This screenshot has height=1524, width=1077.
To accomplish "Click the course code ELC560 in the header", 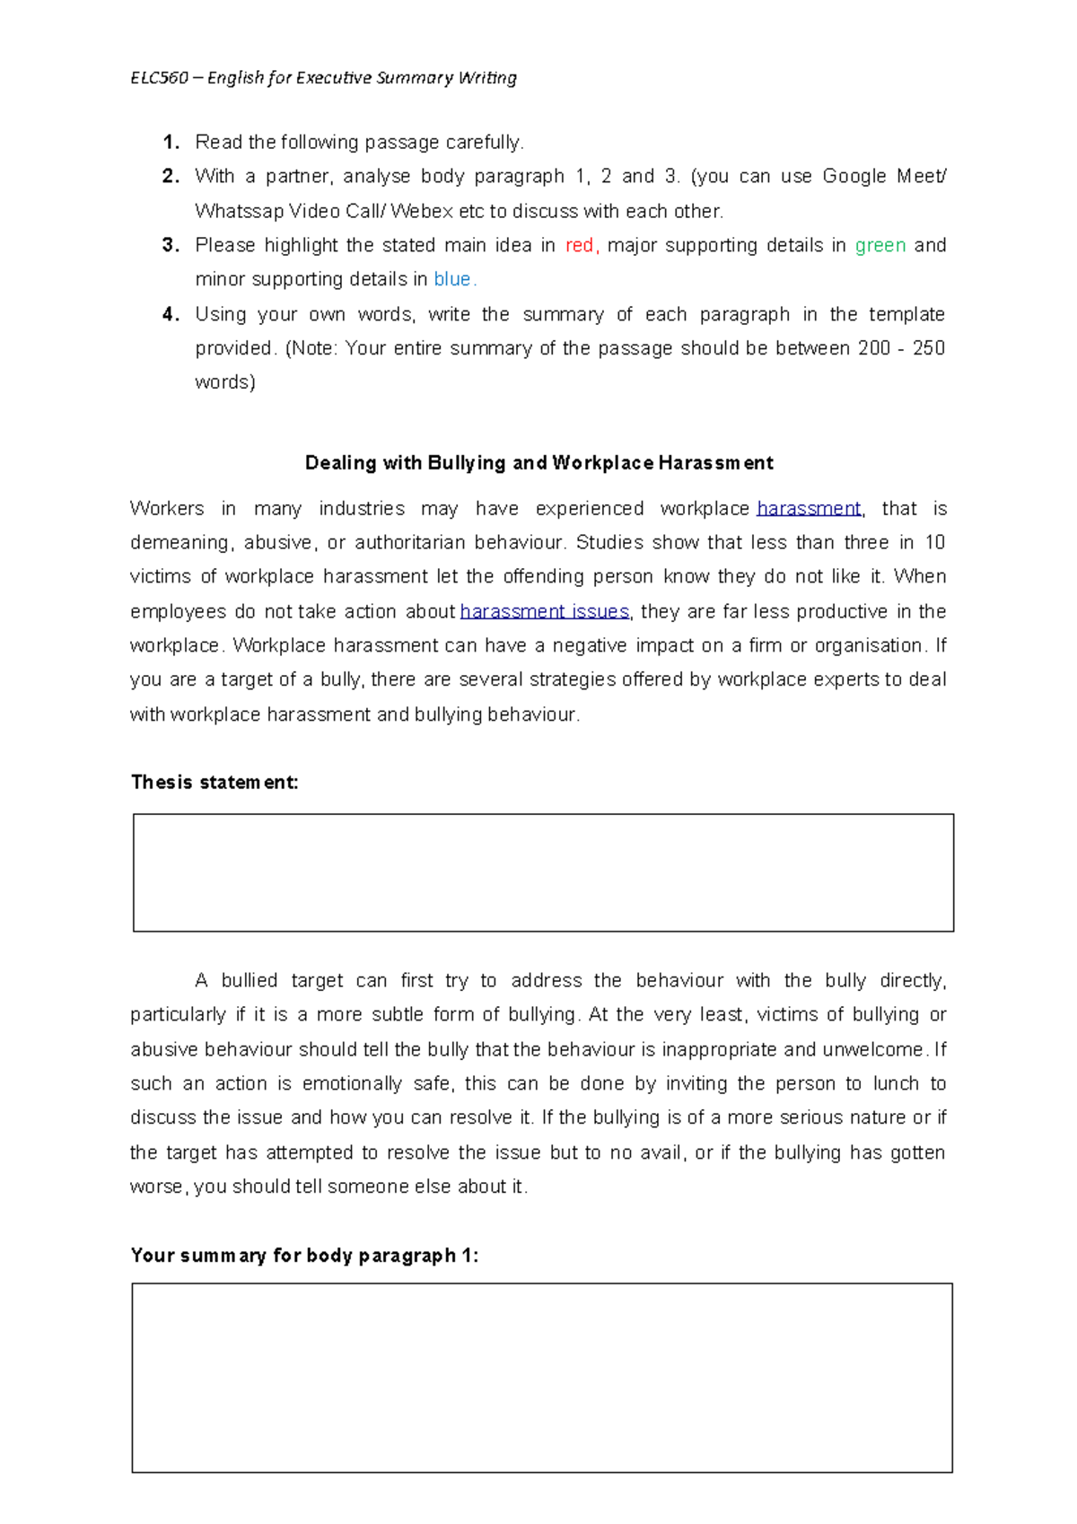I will click(159, 78).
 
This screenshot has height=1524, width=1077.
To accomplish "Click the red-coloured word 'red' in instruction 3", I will click(580, 246).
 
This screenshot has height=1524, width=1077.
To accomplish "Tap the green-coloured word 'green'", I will click(880, 246).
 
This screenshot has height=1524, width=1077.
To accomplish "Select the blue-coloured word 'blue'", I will click(452, 280).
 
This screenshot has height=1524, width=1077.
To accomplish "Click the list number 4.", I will click(171, 314).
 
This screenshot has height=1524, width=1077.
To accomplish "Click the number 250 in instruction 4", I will click(928, 348).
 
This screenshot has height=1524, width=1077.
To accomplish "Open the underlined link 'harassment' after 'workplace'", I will click(808, 509).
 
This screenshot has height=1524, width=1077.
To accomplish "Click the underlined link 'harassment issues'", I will click(545, 612).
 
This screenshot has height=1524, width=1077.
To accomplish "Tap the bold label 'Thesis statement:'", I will click(215, 783).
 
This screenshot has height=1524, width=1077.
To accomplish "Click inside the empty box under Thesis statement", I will click(543, 872).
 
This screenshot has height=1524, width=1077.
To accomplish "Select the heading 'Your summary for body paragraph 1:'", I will click(304, 1256).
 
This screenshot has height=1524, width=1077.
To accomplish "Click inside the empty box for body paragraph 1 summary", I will click(542, 1378).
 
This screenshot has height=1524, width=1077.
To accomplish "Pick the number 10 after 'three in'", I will click(934, 543).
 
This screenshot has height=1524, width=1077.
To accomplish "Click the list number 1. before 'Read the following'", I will click(171, 143).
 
